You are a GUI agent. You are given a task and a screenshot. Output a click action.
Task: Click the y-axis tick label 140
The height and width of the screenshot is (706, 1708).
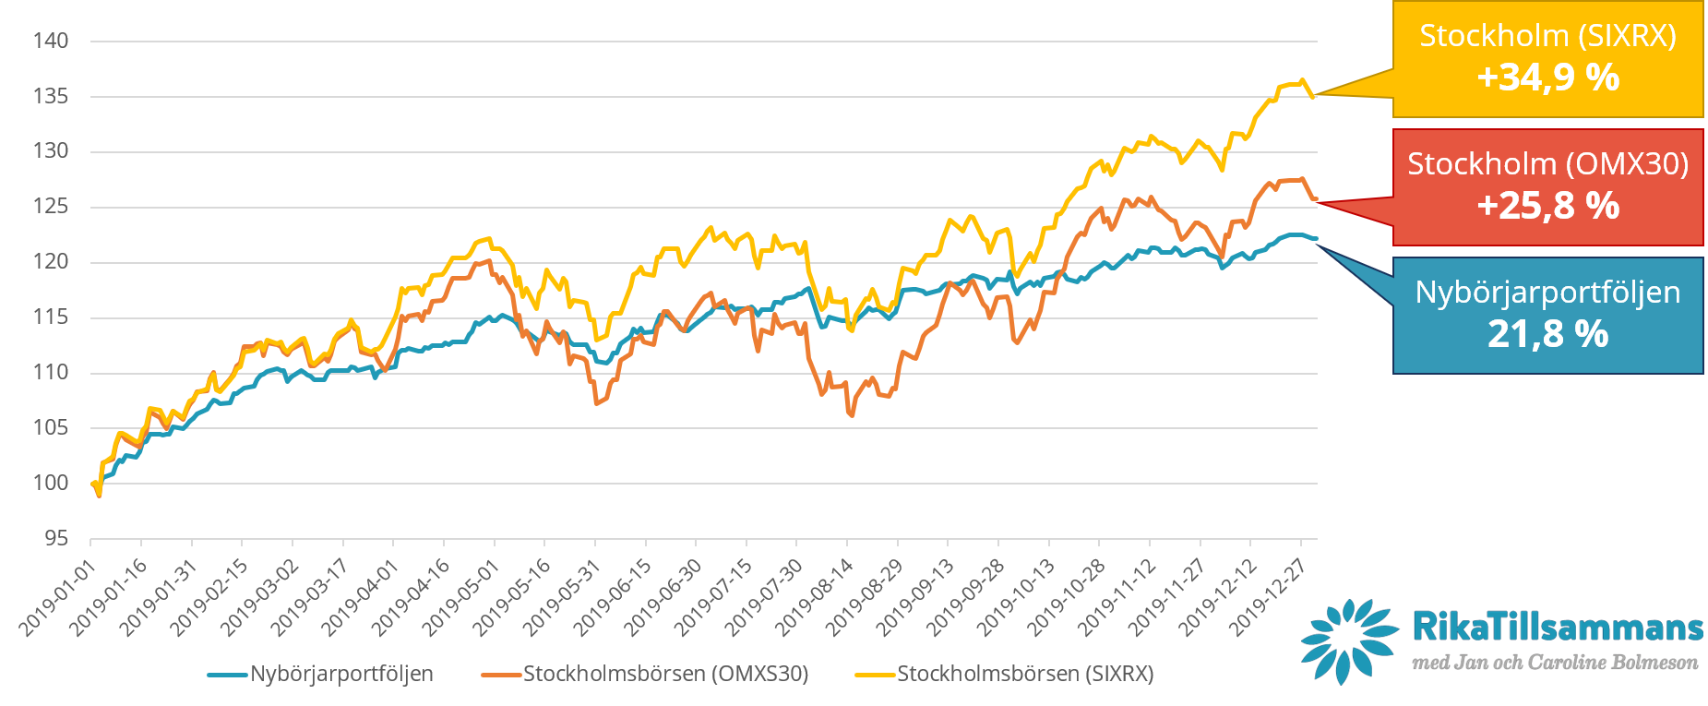tap(51, 41)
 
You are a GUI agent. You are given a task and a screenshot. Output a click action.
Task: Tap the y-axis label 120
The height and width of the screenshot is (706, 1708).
tap(51, 262)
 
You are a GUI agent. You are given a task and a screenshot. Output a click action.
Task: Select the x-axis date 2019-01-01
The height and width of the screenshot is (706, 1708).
tap(58, 598)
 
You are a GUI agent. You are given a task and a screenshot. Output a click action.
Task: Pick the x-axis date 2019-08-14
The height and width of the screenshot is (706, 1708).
tap(815, 598)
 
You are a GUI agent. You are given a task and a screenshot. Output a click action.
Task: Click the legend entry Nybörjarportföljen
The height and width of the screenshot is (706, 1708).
tap(341, 675)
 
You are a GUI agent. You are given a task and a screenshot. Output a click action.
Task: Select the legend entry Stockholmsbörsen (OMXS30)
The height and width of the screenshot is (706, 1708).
tap(665, 675)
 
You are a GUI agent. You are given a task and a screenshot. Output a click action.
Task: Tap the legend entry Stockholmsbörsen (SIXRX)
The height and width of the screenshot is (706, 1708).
tap(1025, 675)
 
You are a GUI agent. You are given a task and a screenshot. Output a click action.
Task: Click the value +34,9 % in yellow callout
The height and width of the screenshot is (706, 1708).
tap(1547, 78)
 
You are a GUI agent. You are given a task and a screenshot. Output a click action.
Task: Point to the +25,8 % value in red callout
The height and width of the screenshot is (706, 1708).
tap(1547, 206)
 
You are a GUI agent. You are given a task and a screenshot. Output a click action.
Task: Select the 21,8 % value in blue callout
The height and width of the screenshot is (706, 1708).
tap(1547, 334)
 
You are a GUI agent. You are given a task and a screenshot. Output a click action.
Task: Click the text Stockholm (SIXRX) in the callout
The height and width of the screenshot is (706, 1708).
tap(1547, 36)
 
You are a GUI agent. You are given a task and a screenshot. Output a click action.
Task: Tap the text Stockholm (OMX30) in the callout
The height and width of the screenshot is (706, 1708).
tap(1547, 164)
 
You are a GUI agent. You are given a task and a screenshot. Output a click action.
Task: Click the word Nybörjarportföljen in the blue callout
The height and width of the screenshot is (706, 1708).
tap(1547, 293)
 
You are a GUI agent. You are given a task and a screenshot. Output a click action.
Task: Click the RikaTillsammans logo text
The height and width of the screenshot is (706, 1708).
tap(1557, 628)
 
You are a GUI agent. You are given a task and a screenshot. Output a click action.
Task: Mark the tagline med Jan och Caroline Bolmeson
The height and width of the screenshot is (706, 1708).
tap(1555, 663)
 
